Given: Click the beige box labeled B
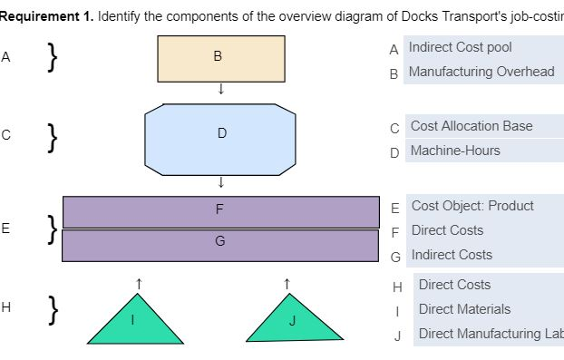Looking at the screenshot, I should pyautogui.click(x=220, y=58).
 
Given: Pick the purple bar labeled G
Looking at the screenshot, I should pyautogui.click(x=220, y=244).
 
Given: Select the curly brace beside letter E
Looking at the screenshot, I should pyautogui.click(x=53, y=229).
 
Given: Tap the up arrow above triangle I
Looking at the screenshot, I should pyautogui.click(x=138, y=284).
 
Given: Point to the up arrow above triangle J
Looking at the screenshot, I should pyautogui.click(x=287, y=284).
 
